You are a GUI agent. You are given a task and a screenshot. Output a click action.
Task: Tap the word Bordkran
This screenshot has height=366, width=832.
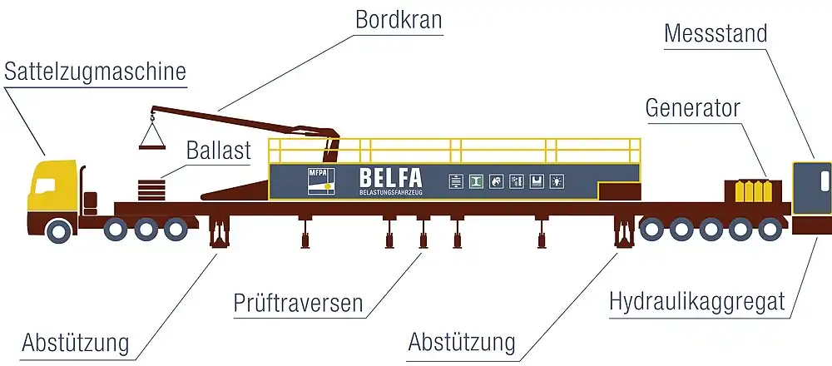point(398,19)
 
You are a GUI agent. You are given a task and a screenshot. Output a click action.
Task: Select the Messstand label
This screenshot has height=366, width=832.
point(716,34)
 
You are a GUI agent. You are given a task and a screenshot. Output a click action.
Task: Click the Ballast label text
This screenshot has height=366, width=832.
point(219,151)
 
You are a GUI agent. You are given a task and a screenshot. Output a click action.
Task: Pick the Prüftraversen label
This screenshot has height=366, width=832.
point(299,304)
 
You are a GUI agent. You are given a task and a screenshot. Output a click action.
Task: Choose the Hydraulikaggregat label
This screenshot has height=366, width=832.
point(697,301)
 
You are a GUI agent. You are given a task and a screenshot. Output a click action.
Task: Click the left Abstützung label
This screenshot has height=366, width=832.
point(76,343)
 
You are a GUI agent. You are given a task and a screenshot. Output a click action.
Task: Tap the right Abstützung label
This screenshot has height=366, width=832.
point(463,342)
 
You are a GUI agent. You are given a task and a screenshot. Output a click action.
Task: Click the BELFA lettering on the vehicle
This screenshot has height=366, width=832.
point(390,178)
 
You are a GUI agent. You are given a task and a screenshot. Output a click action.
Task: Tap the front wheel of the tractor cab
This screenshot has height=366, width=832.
point(58,230)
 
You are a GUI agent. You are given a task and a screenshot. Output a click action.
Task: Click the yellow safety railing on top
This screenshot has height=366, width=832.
point(454,150)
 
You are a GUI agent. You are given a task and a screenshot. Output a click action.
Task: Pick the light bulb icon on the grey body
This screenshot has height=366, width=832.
point(556,179)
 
